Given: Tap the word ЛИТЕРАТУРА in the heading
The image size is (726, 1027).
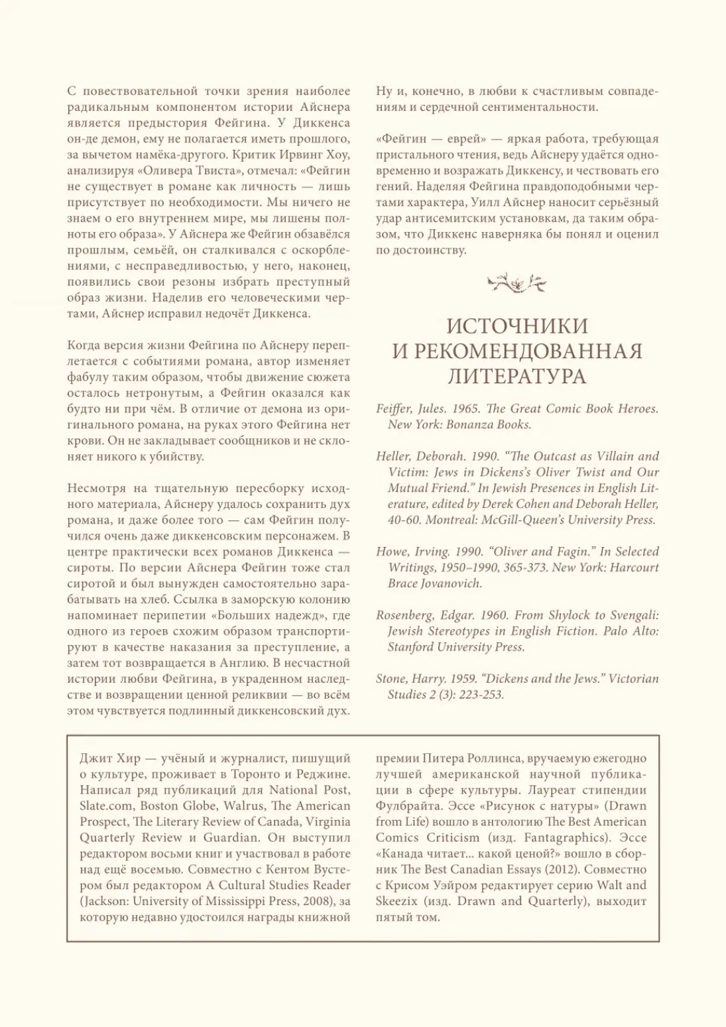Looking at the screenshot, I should click(517, 377).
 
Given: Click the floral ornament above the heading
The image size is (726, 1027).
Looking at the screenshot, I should click(517, 283).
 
